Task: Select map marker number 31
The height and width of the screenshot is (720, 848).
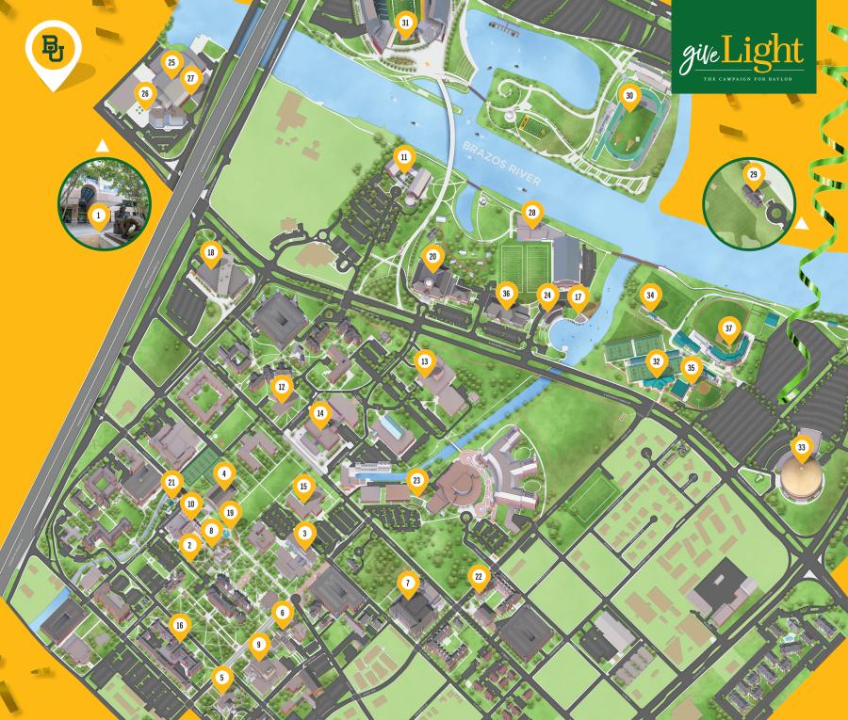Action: (406, 23)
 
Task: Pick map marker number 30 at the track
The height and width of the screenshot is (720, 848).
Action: (629, 95)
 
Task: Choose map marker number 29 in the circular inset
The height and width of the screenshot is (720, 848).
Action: (753, 175)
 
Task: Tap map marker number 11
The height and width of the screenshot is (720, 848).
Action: (404, 156)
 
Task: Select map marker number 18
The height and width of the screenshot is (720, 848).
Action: (211, 252)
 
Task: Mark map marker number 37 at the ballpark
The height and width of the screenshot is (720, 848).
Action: (727, 328)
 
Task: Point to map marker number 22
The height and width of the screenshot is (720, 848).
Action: (479, 576)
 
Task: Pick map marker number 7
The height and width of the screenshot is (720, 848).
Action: (408, 584)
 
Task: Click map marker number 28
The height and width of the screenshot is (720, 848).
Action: (531, 213)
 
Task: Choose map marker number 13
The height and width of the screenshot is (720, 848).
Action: (425, 361)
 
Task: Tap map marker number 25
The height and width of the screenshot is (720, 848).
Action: (171, 63)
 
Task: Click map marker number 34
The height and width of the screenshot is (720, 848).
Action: (650, 296)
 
